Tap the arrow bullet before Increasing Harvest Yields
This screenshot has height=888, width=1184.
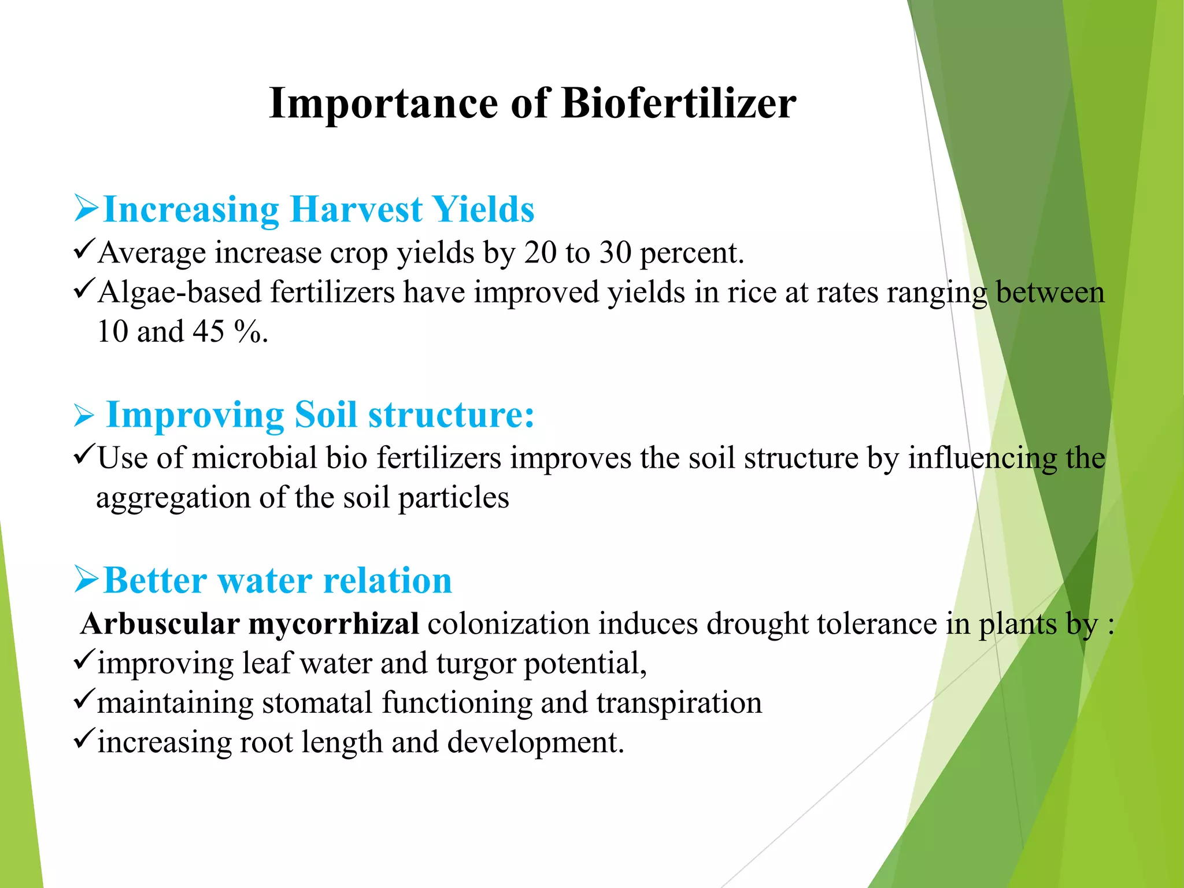87,209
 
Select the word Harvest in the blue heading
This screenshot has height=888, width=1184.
356,209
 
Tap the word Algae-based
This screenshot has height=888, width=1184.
180,293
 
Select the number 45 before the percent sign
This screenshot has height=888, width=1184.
209,332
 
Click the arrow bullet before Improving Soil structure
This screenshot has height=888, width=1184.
84,416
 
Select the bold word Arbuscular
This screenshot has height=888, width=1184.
161,624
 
